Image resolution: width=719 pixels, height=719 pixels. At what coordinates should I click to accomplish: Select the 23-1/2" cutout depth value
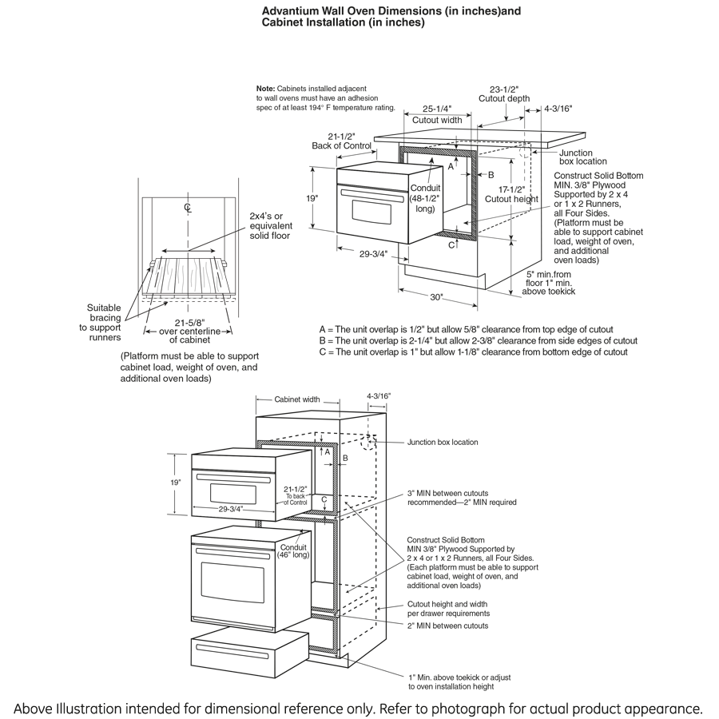[503, 89]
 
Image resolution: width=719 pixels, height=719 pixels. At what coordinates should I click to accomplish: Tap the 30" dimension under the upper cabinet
[436, 297]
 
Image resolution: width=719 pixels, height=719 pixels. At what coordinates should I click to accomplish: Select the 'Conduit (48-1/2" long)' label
[424, 198]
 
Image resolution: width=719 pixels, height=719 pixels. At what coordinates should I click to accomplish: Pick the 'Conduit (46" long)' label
[293, 551]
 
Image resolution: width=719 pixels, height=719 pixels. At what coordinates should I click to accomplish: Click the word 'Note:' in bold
[265, 88]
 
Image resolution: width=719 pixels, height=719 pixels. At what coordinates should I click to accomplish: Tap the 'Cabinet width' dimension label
[297, 399]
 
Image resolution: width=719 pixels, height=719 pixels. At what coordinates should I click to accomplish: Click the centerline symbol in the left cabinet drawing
[188, 209]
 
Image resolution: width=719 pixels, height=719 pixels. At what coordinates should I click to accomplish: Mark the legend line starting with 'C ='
[473, 352]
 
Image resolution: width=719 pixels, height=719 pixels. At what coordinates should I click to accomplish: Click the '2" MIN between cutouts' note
[447, 626]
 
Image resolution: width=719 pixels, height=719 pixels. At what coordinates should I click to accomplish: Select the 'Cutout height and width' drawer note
[448, 609]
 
